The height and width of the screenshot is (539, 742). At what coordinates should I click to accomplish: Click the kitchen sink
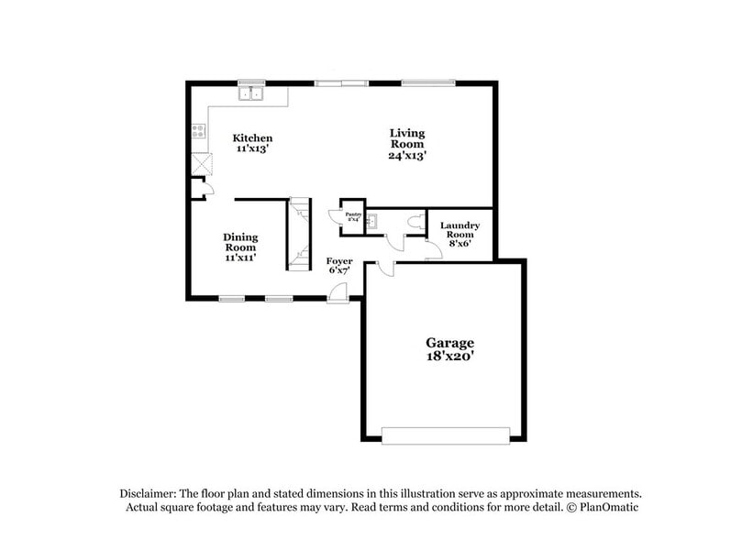coord(251,93)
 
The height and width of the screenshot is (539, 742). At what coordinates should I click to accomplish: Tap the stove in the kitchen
coord(197,132)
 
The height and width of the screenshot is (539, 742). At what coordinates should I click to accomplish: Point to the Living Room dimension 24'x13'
coord(406,156)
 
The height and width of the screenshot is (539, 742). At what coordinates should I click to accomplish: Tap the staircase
coord(299,234)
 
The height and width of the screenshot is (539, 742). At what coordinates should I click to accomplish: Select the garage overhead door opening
coord(446,435)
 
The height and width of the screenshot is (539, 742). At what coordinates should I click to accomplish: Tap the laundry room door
coord(433,248)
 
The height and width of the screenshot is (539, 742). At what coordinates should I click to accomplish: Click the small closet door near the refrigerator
coord(207,189)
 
